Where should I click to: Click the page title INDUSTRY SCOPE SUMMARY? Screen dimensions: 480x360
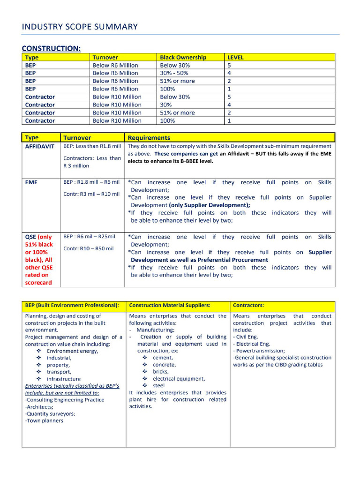click(80, 27)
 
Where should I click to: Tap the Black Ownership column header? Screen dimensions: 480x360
click(183, 57)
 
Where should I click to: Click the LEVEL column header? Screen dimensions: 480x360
click(235, 57)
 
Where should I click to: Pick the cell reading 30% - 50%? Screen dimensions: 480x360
click(174, 73)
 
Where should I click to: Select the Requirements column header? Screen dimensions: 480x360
click(149, 138)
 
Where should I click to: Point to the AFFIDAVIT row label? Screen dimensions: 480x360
click(40, 146)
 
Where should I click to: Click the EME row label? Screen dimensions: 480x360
click(31, 182)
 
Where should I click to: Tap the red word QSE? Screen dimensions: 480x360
click(30, 237)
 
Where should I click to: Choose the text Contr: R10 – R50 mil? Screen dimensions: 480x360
click(89, 248)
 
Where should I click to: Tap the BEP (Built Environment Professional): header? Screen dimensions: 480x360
click(72, 305)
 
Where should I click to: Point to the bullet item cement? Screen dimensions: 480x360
click(163, 358)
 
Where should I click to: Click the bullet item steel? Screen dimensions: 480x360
click(159, 385)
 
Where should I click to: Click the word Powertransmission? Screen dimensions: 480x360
click(260, 351)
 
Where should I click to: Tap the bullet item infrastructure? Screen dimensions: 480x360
click(63, 379)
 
